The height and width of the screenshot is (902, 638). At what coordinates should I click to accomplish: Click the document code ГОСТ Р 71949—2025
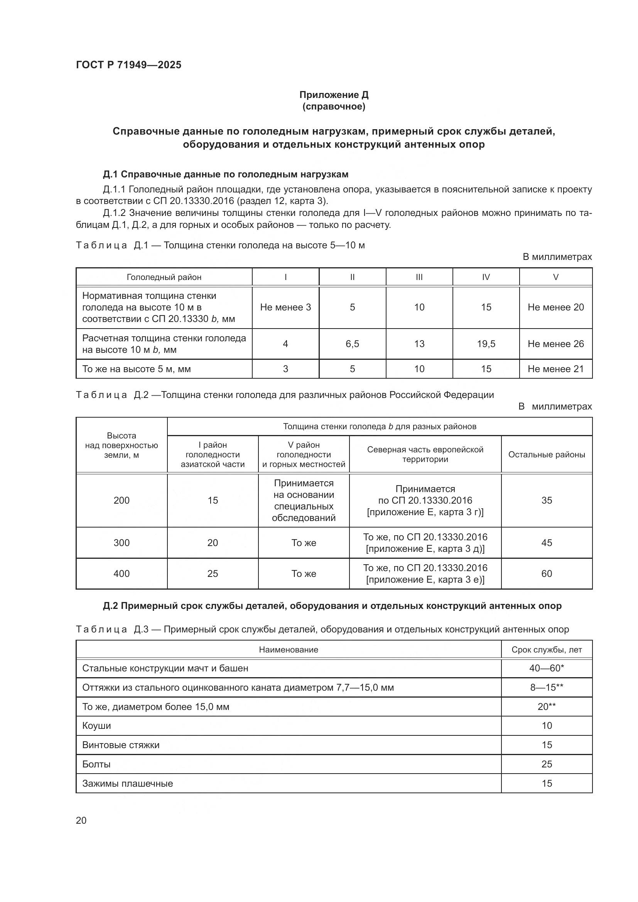pyautogui.click(x=128, y=65)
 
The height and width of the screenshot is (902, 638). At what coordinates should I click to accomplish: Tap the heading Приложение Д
pyautogui.click(x=334, y=95)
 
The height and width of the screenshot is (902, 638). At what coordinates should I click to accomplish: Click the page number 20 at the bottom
pyautogui.click(x=81, y=820)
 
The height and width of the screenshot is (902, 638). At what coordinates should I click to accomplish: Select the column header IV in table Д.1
pyautogui.click(x=486, y=277)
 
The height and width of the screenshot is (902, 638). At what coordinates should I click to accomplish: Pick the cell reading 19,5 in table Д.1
pyautogui.click(x=486, y=344)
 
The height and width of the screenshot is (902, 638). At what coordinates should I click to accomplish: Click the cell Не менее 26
pyautogui.click(x=555, y=344)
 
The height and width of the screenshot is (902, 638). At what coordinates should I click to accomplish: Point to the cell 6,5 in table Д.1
pyautogui.click(x=352, y=344)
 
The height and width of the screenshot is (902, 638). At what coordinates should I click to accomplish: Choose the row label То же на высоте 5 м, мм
pyautogui.click(x=136, y=369)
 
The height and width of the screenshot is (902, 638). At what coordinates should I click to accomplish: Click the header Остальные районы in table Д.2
pyautogui.click(x=547, y=455)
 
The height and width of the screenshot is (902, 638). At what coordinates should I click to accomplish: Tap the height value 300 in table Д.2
pyautogui.click(x=122, y=543)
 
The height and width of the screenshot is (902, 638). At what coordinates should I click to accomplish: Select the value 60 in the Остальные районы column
pyautogui.click(x=547, y=573)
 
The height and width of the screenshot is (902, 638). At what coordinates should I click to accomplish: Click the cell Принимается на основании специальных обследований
pyautogui.click(x=304, y=500)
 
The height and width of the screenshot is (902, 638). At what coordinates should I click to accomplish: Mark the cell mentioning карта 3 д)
pyautogui.click(x=425, y=543)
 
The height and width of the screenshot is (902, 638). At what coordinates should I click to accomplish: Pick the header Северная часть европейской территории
pyautogui.click(x=425, y=454)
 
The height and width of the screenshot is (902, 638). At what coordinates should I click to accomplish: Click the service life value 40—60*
pyautogui.click(x=547, y=668)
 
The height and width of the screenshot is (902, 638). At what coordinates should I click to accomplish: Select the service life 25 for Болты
pyautogui.click(x=547, y=764)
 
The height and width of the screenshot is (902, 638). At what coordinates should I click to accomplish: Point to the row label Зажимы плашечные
pyautogui.click(x=127, y=783)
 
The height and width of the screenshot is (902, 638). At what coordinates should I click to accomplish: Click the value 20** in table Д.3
pyautogui.click(x=547, y=706)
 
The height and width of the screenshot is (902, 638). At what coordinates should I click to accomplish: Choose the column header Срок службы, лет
pyautogui.click(x=547, y=649)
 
